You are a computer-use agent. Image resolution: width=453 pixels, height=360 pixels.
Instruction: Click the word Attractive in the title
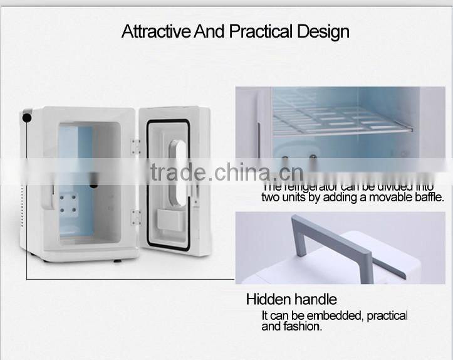156,31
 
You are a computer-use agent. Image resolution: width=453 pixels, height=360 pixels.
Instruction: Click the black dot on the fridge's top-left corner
27,117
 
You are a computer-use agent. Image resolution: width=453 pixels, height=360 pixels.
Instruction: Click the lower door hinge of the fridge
136,218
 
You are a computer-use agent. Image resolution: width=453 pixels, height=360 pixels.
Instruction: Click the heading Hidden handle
291,299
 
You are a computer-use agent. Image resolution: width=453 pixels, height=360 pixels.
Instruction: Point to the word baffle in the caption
429,197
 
